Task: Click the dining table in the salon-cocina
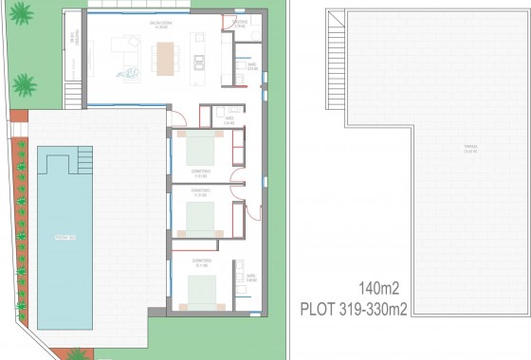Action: pos(167,61)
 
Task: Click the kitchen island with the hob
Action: pos(199,60)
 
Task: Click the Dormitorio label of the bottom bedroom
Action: pos(200,261)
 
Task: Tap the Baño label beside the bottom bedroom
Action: pos(251,279)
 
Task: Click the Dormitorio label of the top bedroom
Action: pos(200,172)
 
